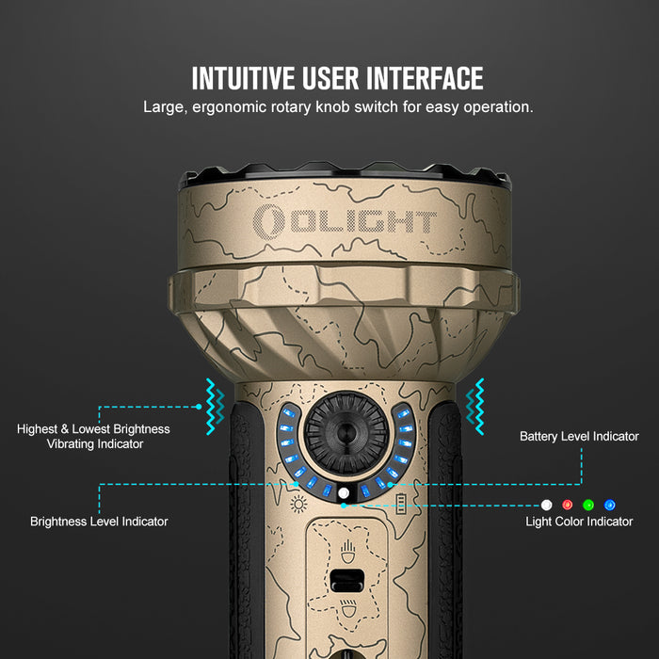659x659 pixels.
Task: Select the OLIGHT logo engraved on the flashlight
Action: point(346,221)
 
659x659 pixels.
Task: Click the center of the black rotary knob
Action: point(346,432)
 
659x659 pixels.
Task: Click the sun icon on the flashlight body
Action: point(298,504)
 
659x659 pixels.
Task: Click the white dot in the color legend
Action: point(547,505)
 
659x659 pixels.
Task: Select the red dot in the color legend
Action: point(568,505)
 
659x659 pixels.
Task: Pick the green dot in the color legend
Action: point(588,505)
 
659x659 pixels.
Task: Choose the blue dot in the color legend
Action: point(609,505)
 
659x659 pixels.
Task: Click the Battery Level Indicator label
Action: point(578,437)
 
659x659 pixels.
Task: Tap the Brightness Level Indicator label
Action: point(100,521)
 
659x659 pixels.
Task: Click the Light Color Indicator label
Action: point(579,522)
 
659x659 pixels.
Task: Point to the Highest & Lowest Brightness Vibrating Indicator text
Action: point(93,436)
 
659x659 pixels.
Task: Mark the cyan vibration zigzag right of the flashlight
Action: point(475,406)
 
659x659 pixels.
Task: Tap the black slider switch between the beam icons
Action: point(346,580)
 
